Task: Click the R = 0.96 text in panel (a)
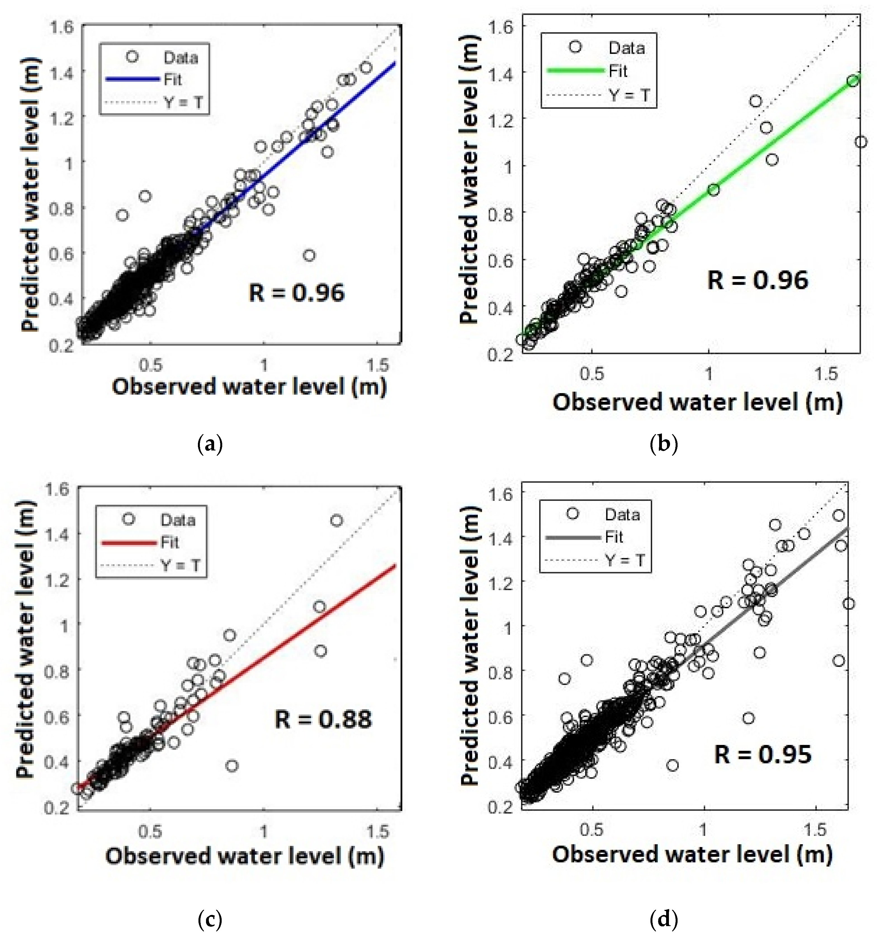click(x=296, y=293)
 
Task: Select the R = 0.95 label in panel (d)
click(x=763, y=754)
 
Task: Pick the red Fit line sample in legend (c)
click(x=129, y=542)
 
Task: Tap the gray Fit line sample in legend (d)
click(x=572, y=537)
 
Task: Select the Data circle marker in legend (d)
click(x=572, y=514)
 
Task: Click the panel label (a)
click(x=209, y=445)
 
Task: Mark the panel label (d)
click(x=664, y=919)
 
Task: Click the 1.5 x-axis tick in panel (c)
click(x=377, y=831)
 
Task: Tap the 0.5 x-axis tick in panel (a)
click(x=150, y=365)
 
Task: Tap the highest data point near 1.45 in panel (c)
click(x=337, y=520)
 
